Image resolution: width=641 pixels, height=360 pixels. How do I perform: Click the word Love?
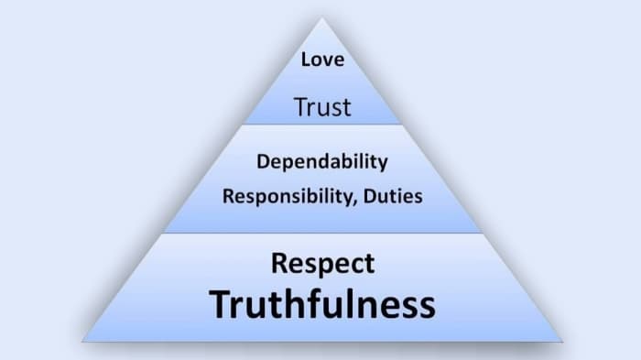321,61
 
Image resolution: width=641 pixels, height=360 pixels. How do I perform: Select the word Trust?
322,107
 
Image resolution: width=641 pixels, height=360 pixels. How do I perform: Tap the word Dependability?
322,163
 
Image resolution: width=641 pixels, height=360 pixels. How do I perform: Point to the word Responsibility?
283,196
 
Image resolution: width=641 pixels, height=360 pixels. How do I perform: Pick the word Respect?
322,264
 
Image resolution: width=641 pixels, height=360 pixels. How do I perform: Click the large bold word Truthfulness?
321,304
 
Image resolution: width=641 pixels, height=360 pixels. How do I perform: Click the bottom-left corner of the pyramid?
82,342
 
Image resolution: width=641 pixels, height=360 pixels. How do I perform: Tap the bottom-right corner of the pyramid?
562,342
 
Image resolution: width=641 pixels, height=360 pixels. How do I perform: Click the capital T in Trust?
299,107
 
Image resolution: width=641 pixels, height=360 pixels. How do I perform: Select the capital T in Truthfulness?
220,304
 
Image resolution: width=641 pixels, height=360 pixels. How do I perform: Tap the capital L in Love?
306,61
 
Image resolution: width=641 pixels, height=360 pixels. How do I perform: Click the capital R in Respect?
279,264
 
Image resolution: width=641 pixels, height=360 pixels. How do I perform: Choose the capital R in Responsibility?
228,195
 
